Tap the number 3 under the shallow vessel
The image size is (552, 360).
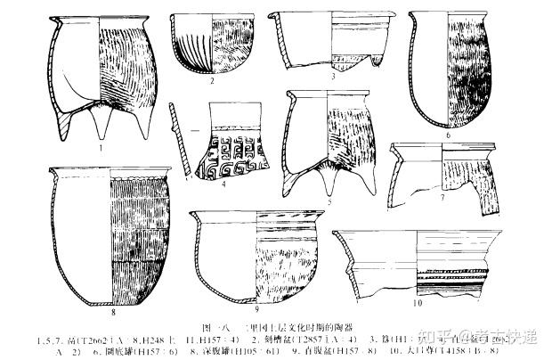pyautogui.click(x=332, y=78)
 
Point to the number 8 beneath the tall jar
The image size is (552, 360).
pyautogui.click(x=114, y=311)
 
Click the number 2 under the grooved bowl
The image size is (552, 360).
pyautogui.click(x=213, y=80)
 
